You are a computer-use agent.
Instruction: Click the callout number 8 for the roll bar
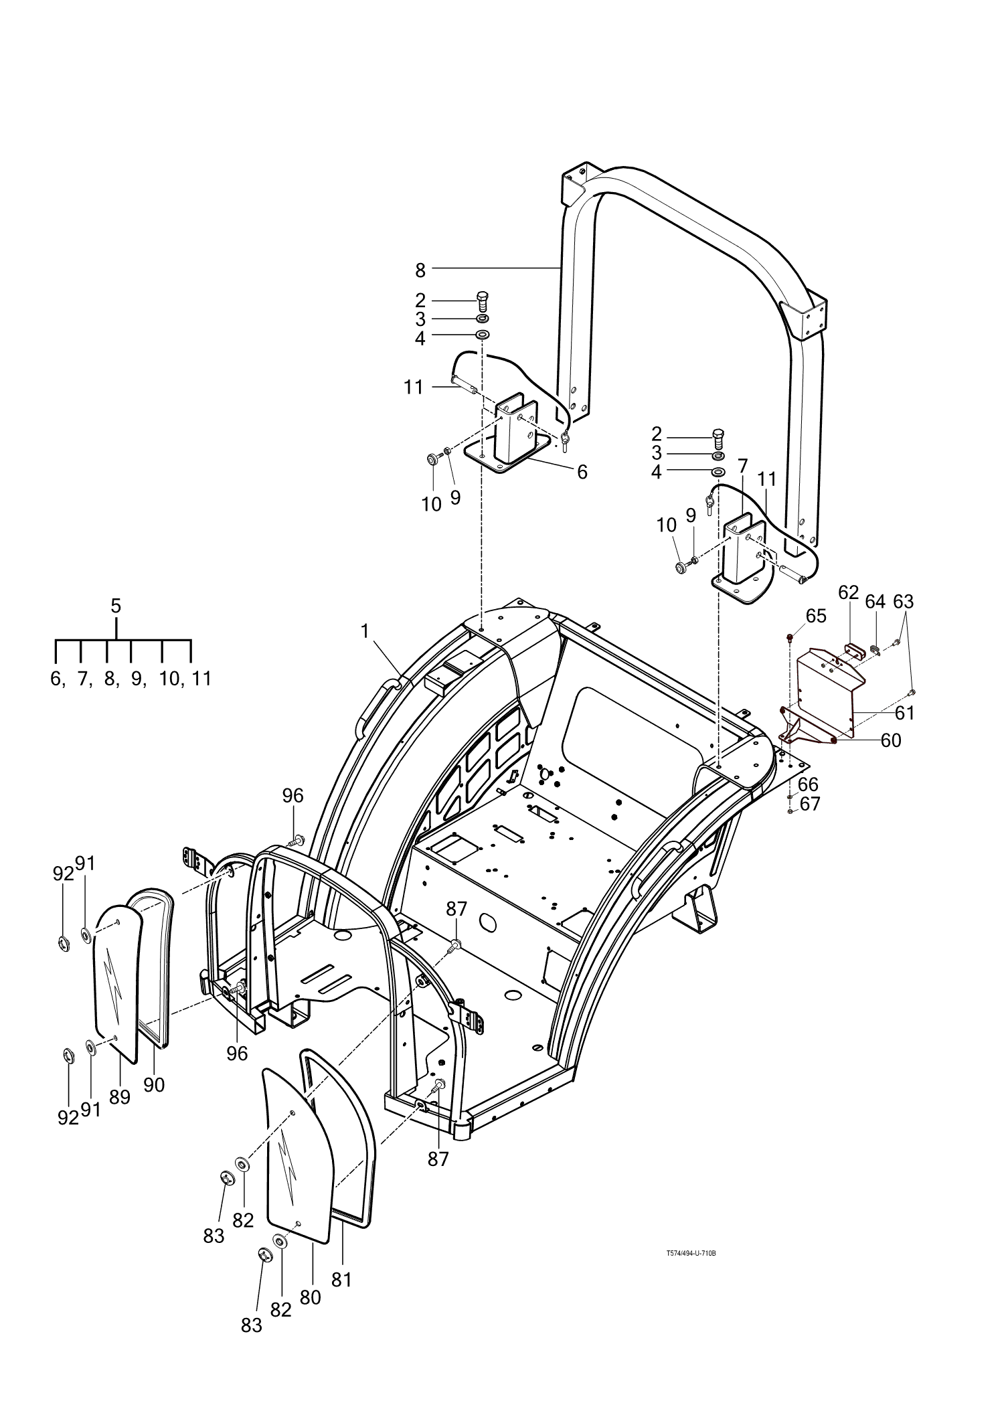point(420,270)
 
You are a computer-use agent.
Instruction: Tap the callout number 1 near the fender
point(365,631)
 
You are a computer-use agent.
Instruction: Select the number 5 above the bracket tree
point(116,606)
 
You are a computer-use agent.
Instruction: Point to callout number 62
point(848,592)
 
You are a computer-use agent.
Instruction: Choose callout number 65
point(817,616)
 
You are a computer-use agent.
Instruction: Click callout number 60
point(891,740)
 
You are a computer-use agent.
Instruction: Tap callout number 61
point(904,714)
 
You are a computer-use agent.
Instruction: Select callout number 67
point(810,804)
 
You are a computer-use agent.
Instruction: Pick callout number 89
point(120,1097)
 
